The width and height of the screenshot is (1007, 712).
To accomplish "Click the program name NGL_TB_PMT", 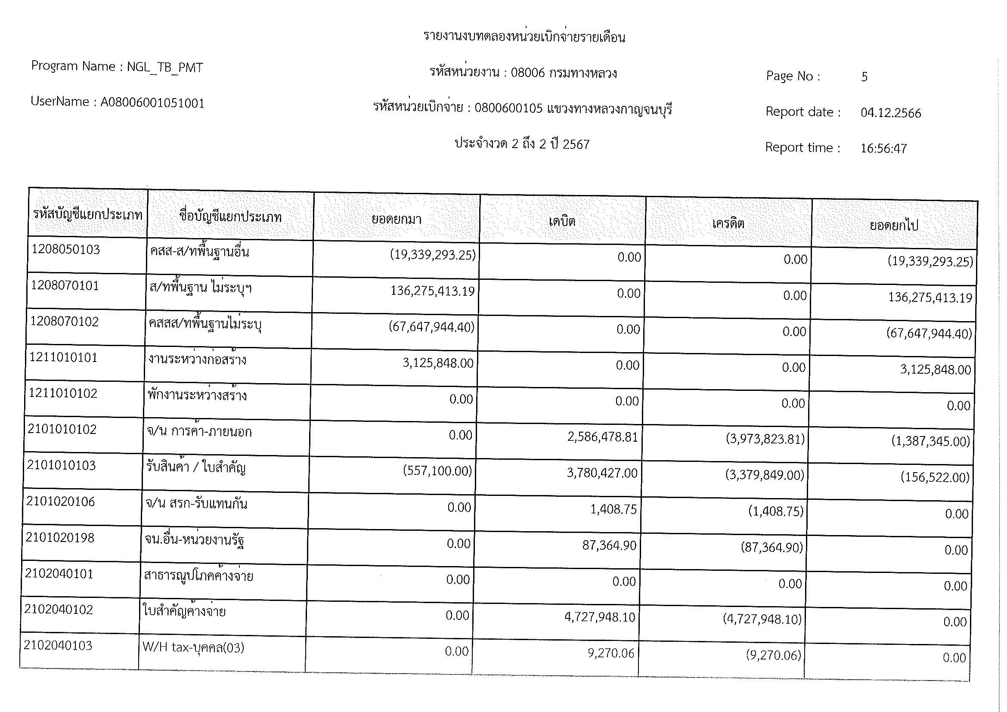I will pos(164,67).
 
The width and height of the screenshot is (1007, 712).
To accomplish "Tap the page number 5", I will pos(864,77).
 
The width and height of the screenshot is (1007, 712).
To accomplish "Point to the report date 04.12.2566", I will pos(890,113).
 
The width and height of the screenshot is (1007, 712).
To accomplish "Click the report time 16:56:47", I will pos(883,149).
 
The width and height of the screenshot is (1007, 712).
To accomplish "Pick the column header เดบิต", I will pos(562,221).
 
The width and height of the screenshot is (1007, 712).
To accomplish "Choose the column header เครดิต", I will pos(728,223).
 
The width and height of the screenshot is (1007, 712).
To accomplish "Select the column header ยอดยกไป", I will pos(893,226).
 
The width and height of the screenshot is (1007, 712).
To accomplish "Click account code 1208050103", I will pos(66,250).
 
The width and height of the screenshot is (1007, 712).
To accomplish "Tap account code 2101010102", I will pos(62,429).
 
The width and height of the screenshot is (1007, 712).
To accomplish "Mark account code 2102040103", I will pos(58,645).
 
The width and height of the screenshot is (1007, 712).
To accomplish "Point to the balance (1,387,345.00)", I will pos(930,442).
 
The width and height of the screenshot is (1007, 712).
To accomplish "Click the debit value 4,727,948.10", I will pos(600,617).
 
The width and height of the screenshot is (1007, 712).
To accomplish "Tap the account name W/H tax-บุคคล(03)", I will pos(193,647).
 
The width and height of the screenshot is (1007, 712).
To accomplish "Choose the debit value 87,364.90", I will pos(609,545).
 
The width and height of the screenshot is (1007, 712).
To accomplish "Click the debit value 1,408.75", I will pos(613,509).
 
